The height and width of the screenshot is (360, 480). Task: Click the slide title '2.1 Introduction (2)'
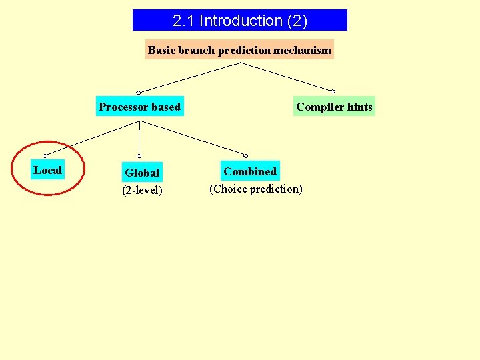(x=240, y=21)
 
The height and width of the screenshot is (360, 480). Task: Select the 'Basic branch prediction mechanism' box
(x=239, y=50)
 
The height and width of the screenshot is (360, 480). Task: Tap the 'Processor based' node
(x=139, y=107)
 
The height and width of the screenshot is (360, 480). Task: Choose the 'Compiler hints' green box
(x=334, y=107)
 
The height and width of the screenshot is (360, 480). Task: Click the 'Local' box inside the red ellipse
(x=47, y=170)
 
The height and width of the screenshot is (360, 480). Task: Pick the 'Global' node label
(x=142, y=173)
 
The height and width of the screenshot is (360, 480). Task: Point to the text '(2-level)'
(x=142, y=191)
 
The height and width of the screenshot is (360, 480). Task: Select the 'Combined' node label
(x=250, y=171)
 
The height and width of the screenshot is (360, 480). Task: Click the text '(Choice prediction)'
(x=256, y=189)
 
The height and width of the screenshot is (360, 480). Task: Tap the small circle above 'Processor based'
(x=139, y=92)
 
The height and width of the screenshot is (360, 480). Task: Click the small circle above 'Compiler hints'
(x=333, y=91)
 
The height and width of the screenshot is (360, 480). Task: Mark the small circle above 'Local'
(x=45, y=155)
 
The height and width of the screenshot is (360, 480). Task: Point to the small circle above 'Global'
(x=139, y=156)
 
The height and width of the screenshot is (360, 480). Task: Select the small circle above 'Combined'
(x=245, y=155)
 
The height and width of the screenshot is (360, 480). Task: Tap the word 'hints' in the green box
(x=360, y=107)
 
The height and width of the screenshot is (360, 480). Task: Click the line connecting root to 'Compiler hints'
(x=287, y=77)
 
